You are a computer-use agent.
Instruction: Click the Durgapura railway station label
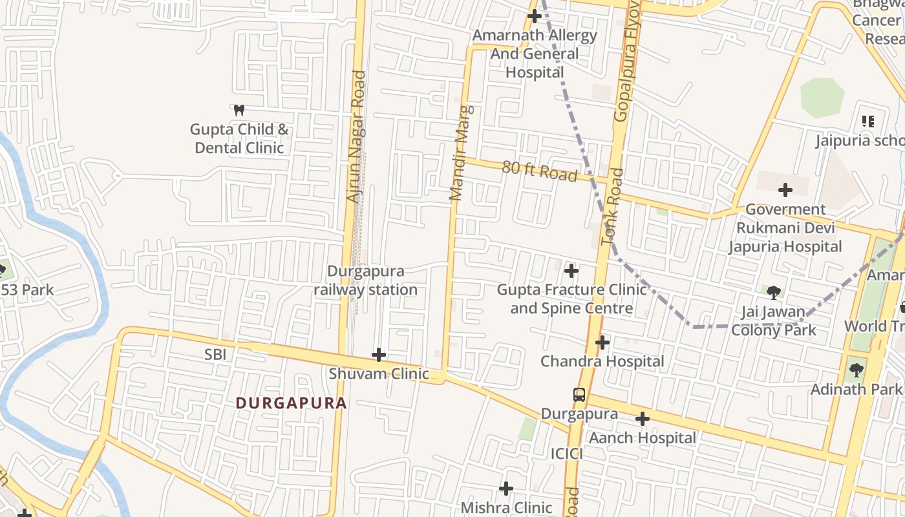[x=365, y=280]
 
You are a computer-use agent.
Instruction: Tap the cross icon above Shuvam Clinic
[x=379, y=355]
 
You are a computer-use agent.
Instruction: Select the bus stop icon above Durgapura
[x=579, y=394]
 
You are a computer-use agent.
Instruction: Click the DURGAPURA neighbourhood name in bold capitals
[x=291, y=403]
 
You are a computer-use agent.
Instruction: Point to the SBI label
[x=215, y=354]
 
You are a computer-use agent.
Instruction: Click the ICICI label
[x=567, y=454]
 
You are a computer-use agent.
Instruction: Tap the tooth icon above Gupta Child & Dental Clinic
[x=239, y=111]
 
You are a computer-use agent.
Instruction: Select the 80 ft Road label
[x=540, y=171]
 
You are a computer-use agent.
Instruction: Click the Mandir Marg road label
[x=462, y=153]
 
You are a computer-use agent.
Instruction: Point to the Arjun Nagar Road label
[x=356, y=136]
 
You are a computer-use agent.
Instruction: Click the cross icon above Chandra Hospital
[x=602, y=342]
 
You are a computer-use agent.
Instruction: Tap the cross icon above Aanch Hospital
[x=642, y=419]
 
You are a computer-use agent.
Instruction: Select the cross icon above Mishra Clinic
[x=506, y=488]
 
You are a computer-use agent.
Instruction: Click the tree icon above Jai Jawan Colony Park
[x=773, y=292]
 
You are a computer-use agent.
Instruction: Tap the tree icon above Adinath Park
[x=857, y=370]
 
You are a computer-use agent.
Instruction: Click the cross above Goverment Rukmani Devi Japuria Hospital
[x=785, y=190]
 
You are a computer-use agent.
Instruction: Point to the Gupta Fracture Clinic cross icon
[x=571, y=270]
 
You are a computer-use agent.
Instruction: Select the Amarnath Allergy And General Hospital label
[x=535, y=54]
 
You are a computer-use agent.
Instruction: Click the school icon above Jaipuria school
[x=868, y=121]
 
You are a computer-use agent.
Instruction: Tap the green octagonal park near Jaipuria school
[x=822, y=98]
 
